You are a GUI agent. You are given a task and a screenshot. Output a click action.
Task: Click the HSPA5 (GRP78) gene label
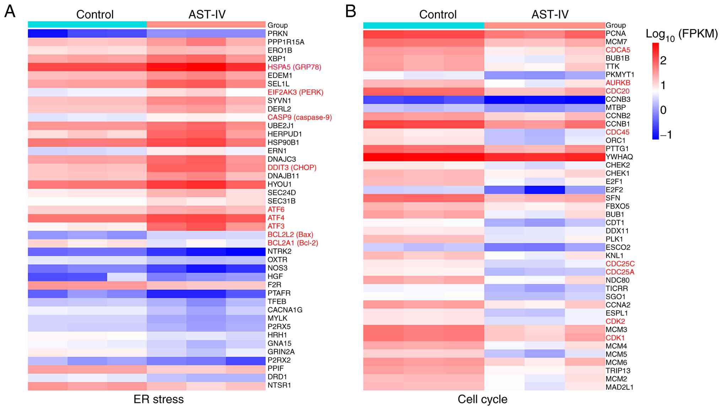pyautogui.click(x=294, y=67)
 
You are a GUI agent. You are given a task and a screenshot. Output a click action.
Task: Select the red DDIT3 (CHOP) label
pyautogui.click(x=292, y=168)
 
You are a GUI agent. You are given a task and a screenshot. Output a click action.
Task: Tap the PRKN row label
pyautogui.click(x=278, y=34)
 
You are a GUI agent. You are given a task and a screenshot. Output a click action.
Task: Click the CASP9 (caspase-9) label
pyautogui.click(x=300, y=118)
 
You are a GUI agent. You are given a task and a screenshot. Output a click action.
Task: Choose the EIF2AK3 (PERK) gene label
pyautogui.click(x=295, y=92)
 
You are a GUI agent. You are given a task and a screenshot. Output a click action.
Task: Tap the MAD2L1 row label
pyautogui.click(x=619, y=387)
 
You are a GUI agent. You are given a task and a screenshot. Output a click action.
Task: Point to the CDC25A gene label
pyautogui.click(x=620, y=272)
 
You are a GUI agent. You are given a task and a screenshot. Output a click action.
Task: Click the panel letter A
pyautogui.click(x=10, y=12)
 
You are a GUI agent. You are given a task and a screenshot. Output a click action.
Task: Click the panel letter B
pyautogui.click(x=350, y=12)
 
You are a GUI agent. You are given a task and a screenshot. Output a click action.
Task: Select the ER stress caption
pyautogui.click(x=158, y=399)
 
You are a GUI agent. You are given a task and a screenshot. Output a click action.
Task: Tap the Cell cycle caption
pyautogui.click(x=482, y=399)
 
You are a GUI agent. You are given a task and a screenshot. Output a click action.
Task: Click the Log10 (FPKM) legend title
pyautogui.click(x=681, y=34)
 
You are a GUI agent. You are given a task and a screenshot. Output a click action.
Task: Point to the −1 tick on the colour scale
pyautogui.click(x=666, y=135)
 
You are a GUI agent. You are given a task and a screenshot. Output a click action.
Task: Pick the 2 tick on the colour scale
pyautogui.click(x=663, y=61)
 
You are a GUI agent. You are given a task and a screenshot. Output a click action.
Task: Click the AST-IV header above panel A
pyautogui.click(x=207, y=15)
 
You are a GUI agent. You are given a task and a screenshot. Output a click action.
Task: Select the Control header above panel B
pyautogui.click(x=438, y=15)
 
